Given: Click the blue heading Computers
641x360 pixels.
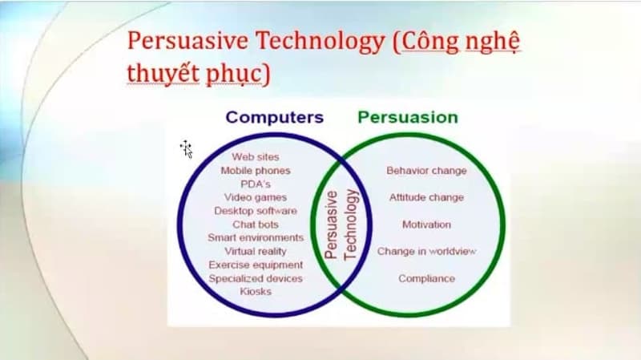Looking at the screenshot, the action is [x=274, y=117].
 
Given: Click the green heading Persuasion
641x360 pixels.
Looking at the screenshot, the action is [x=408, y=117].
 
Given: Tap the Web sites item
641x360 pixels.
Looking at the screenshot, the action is [x=256, y=156].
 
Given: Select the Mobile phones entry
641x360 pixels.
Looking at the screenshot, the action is [x=256, y=171].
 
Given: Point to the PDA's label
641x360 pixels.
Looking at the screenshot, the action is [x=256, y=184].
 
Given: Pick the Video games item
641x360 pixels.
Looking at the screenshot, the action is [x=256, y=197].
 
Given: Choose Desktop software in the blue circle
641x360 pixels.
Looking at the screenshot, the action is [x=256, y=211].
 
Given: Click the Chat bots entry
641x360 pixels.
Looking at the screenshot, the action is [x=256, y=224].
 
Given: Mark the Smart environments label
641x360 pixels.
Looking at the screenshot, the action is [x=256, y=237].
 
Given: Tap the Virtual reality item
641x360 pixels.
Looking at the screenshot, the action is [x=256, y=251].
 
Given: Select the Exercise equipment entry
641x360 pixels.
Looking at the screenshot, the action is [x=256, y=265].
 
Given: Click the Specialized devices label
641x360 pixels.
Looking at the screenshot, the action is [x=256, y=278].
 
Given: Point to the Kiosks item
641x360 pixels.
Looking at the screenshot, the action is [x=256, y=292].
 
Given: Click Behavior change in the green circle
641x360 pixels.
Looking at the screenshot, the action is [x=426, y=171].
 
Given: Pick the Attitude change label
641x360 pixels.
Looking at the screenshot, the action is [x=426, y=197].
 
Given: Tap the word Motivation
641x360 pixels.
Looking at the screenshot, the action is [x=426, y=224].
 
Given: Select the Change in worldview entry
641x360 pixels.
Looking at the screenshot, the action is [x=426, y=251].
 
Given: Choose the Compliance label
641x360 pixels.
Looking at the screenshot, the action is [x=426, y=278].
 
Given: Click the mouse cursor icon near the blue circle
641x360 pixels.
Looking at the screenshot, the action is [x=187, y=149].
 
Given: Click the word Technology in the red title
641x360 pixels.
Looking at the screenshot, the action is [x=320, y=41].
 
